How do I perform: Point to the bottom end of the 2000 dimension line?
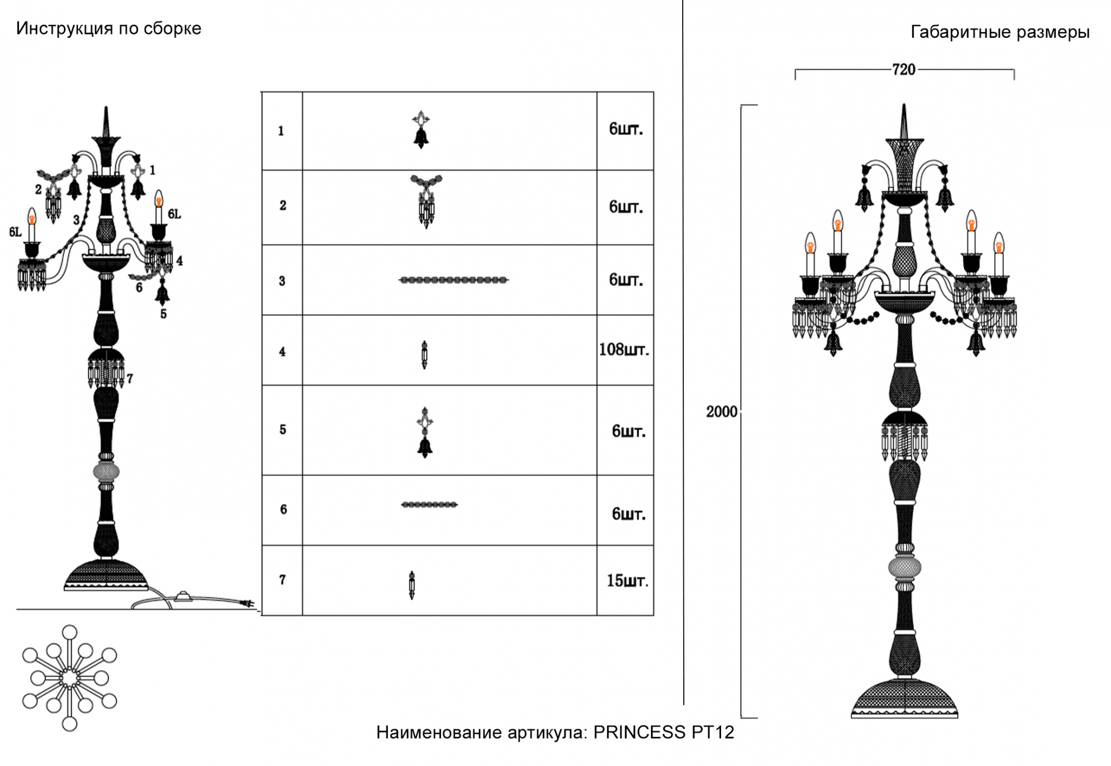coord(742,717)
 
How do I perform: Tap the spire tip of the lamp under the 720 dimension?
coord(904,104)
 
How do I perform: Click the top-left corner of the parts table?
coord(262,92)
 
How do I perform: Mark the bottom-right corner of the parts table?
coord(653,615)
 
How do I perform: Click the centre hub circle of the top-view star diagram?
coord(69,678)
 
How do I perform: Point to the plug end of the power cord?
coord(250,603)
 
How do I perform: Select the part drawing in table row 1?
coord(421,129)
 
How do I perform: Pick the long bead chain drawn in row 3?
coord(454,280)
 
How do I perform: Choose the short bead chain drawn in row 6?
coord(429,505)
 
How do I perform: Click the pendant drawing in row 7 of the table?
coord(412,585)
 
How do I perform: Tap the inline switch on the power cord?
coord(183,598)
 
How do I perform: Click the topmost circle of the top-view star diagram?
coord(69,633)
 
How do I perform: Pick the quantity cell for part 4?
coord(625,350)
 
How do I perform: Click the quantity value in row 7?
coord(627,581)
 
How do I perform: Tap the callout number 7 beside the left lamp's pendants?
coord(129,379)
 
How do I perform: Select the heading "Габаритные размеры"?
coord(1000,33)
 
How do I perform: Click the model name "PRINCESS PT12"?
coord(664,732)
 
